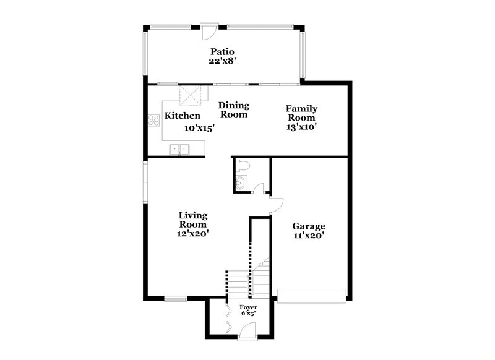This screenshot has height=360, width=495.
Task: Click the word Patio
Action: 222,52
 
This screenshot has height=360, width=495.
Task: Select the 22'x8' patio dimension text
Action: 222,61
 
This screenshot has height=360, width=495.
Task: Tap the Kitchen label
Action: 183,116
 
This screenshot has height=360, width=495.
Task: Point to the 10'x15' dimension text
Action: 199,128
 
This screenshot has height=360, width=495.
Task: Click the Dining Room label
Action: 233,110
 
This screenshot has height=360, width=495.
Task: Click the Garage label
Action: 309,226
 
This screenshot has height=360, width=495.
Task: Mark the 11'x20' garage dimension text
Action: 309,235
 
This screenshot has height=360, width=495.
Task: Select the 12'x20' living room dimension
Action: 192,234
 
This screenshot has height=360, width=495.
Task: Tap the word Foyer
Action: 249,307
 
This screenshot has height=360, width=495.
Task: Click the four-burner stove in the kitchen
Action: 153,121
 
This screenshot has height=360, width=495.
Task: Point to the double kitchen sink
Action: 179,149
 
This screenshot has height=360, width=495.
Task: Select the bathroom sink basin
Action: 241,183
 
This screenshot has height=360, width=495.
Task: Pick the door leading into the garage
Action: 275,205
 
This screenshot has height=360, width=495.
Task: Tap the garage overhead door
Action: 312,296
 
